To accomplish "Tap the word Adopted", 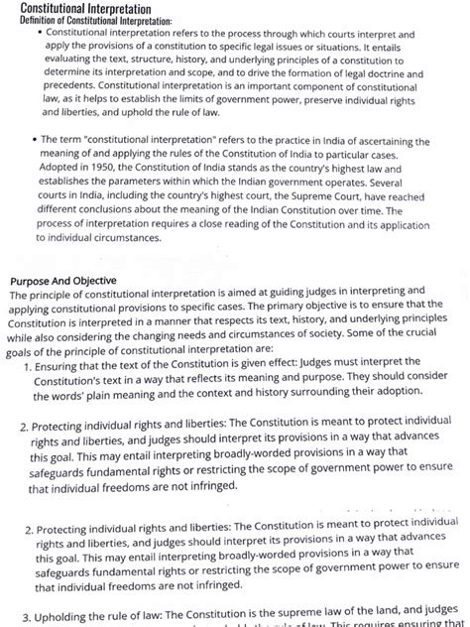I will point(64,172).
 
